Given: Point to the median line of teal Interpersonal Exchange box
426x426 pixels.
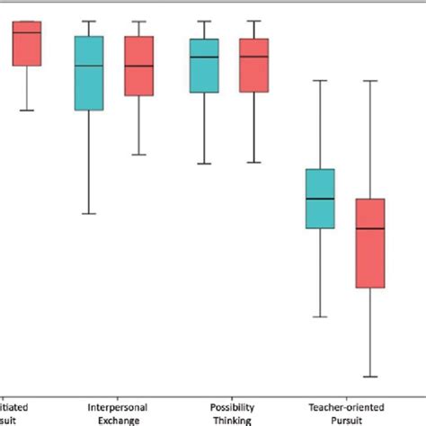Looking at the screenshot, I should point(88,66).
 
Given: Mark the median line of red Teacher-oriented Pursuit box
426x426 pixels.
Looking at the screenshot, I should point(370,227).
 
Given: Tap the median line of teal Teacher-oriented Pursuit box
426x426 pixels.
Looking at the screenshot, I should point(320,199).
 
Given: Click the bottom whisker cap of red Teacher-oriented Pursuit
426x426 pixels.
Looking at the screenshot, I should point(370,377).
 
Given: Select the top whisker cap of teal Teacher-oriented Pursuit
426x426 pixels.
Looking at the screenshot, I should point(320,81).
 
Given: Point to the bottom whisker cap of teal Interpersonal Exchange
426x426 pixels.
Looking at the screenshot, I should point(88,213).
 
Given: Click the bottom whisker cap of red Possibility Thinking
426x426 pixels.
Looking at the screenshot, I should point(254,163).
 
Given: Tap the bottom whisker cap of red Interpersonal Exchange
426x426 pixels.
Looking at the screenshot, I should point(138,155).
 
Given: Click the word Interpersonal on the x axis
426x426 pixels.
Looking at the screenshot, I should point(113,406).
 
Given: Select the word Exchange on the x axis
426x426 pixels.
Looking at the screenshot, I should point(113,419).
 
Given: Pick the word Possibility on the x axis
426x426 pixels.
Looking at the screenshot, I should point(231,406).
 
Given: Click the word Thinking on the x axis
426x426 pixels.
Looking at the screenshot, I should point(231,419).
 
